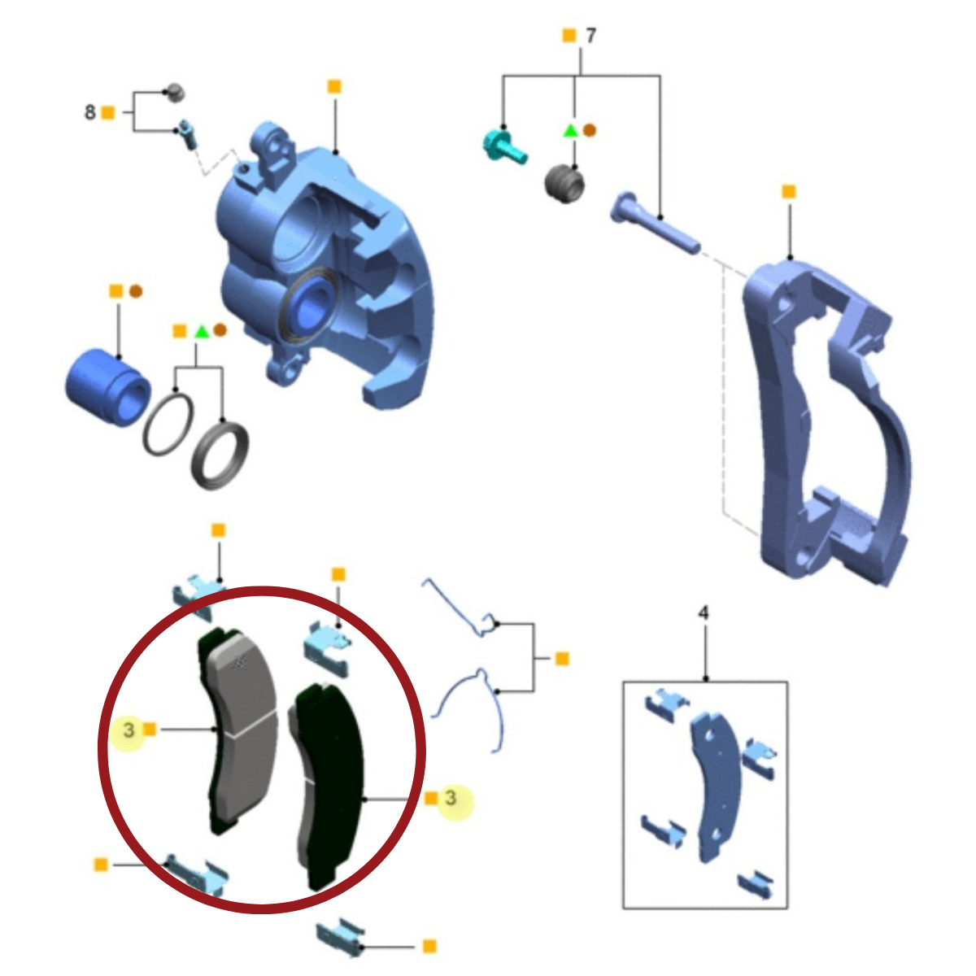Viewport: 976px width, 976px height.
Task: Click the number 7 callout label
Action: click(x=590, y=36)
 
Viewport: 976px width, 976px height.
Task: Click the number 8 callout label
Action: click(x=90, y=112)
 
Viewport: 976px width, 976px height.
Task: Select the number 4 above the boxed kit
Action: click(x=704, y=613)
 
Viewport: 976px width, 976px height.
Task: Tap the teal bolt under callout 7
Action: click(x=504, y=147)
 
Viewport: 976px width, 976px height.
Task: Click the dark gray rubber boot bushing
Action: click(x=564, y=184)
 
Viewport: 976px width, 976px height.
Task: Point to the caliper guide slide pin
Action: click(x=656, y=224)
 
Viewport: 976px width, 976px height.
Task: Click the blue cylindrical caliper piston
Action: click(x=108, y=387)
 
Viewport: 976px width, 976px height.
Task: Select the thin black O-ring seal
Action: click(x=168, y=424)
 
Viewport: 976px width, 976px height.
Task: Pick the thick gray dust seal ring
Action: click(x=220, y=455)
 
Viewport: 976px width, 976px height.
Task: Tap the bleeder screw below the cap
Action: click(x=187, y=134)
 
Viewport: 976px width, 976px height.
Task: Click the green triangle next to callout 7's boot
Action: click(x=571, y=130)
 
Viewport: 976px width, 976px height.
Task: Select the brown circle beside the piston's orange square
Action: click(x=136, y=291)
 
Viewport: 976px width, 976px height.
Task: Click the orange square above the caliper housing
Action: click(x=334, y=86)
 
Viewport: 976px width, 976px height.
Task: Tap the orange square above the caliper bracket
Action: click(x=789, y=192)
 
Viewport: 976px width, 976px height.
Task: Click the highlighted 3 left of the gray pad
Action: click(x=129, y=730)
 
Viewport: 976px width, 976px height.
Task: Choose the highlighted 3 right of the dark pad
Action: click(x=451, y=798)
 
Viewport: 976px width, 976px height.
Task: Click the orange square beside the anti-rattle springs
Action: click(x=562, y=659)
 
